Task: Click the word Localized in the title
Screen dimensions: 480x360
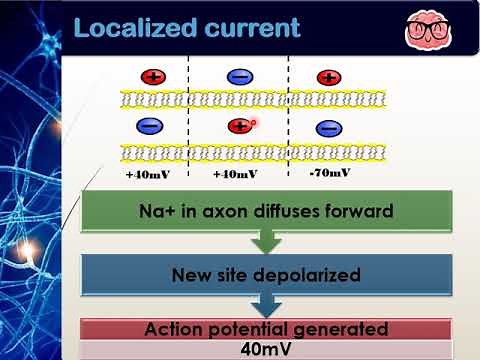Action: coord(135,28)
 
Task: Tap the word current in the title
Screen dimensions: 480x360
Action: coord(253,28)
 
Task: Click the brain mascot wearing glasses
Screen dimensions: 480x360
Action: coord(428,30)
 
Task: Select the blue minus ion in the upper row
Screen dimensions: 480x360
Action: coord(240,77)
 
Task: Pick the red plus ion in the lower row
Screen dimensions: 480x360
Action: coord(240,126)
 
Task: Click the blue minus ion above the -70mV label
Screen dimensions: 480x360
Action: coord(329,129)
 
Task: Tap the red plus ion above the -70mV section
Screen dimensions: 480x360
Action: coord(329,78)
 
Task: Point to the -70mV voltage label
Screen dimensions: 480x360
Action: coord(330,172)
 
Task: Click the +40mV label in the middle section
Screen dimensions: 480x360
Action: coord(235,174)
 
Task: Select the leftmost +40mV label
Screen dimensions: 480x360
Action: coord(148,174)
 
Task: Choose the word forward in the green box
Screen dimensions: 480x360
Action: coord(359,211)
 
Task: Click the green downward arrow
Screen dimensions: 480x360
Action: coord(266,242)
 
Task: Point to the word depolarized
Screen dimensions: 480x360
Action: coord(307,275)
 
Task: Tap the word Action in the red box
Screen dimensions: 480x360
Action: coord(173,329)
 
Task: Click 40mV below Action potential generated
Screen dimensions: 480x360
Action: coord(266,349)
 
